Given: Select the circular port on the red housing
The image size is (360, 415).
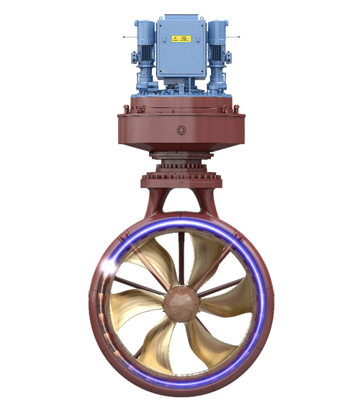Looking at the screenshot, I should click(181, 130).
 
